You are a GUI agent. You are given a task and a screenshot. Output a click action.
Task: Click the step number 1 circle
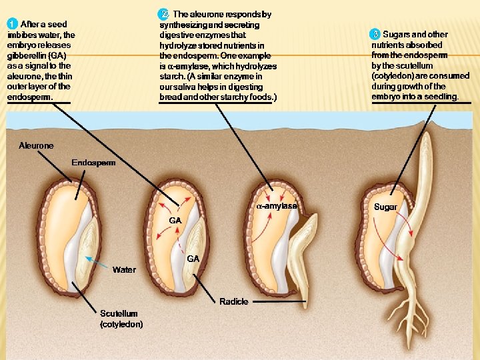tap(13, 25)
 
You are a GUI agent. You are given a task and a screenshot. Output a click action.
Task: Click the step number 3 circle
tap(375, 34)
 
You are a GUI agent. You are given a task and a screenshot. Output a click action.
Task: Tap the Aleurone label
tap(36, 145)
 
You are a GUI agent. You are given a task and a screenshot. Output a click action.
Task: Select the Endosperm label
tap(93, 162)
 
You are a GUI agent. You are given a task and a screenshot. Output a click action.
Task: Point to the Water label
tap(124, 270)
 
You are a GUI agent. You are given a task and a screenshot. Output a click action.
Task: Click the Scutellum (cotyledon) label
tap(121, 319)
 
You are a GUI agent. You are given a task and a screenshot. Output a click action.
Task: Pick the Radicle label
tap(234, 301)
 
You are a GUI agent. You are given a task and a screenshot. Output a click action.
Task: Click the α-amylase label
tap(277, 206)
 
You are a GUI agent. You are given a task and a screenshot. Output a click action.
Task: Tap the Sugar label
tap(385, 207)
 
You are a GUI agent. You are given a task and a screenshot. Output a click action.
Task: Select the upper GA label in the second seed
tap(176, 220)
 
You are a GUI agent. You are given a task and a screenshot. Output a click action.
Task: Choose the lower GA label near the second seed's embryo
tap(193, 258)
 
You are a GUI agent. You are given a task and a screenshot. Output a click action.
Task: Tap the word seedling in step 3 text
tap(441, 97)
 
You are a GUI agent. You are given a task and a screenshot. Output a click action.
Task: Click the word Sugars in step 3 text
tap(396, 35)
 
